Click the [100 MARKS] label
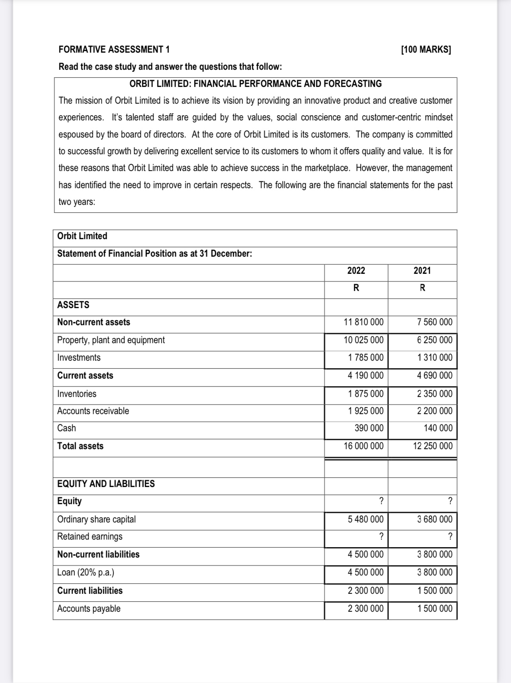click(x=426, y=49)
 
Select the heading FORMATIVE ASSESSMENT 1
click(x=114, y=49)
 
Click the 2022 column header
click(x=356, y=271)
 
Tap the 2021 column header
click(x=422, y=271)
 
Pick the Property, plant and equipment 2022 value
click(x=364, y=340)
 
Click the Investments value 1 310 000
click(x=435, y=357)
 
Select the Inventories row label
click(x=77, y=394)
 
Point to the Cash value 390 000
click(x=369, y=428)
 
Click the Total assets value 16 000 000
click(x=364, y=446)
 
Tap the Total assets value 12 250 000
click(x=433, y=446)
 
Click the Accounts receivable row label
click(x=93, y=411)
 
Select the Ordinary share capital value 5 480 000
click(x=366, y=519)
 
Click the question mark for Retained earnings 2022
click(x=381, y=536)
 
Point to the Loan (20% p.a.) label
click(x=86, y=572)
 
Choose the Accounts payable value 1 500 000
click(x=435, y=608)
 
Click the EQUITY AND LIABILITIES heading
click(x=106, y=484)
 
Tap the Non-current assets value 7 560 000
click(x=435, y=322)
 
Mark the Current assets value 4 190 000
click(x=366, y=375)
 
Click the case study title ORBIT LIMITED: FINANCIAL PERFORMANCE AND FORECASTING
click(x=255, y=84)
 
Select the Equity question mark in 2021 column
click(x=450, y=501)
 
